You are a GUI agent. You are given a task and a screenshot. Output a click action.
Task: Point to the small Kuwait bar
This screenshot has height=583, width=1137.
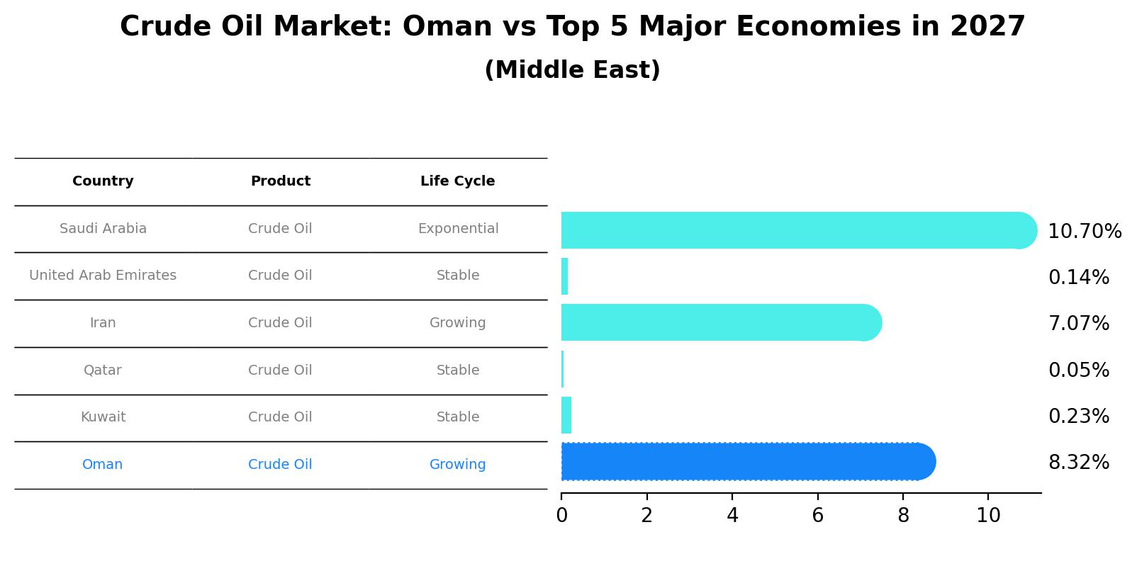click(566, 415)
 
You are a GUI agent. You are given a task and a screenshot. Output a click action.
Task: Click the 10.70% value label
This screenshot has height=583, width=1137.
click(1084, 232)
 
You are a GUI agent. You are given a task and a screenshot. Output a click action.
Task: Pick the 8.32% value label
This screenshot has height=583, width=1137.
click(1078, 463)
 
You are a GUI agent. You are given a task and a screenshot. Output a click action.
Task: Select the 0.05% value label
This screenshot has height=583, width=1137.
click(1078, 370)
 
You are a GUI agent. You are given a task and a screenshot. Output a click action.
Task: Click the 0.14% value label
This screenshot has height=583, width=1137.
click(1078, 278)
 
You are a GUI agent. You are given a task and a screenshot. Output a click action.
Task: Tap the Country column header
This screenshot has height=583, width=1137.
click(103, 181)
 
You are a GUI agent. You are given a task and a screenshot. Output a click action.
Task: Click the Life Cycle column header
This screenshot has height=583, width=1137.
click(457, 181)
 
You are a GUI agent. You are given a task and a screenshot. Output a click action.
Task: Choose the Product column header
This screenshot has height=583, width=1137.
click(280, 181)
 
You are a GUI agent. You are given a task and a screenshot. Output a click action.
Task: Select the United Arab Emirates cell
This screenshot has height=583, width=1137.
click(103, 276)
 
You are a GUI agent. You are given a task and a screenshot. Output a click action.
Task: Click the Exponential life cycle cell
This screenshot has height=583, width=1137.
click(458, 229)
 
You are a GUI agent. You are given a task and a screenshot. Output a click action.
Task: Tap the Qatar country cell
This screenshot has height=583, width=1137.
click(103, 370)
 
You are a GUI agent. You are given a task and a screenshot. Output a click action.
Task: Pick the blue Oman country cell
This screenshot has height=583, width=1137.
click(103, 465)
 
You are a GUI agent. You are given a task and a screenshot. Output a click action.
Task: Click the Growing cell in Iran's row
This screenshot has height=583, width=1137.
click(457, 323)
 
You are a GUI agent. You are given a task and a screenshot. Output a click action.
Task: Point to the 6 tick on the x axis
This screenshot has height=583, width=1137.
click(817, 516)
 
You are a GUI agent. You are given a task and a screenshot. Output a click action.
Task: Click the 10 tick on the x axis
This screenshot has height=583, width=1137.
click(988, 516)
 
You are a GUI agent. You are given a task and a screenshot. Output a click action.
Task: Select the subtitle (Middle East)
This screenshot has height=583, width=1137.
click(572, 70)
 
